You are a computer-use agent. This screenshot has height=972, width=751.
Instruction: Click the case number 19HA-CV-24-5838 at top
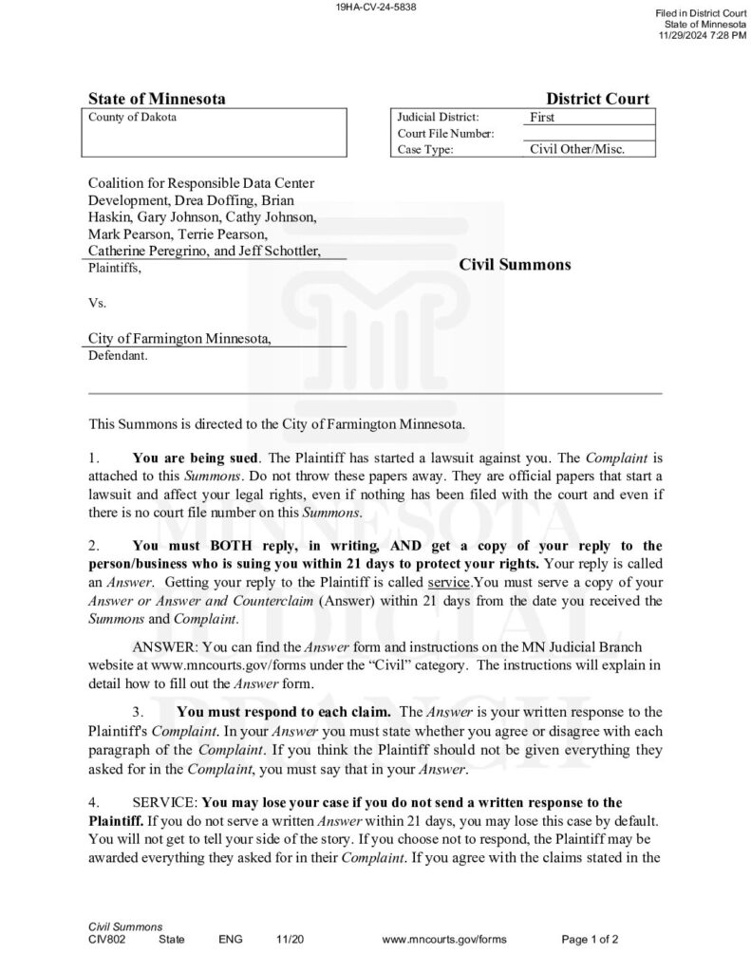pos(376,7)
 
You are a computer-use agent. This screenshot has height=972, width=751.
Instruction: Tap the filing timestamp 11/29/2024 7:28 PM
pos(703,35)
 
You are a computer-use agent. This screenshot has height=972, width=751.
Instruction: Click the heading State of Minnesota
pos(157,99)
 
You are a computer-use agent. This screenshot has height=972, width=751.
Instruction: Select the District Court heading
pos(597,99)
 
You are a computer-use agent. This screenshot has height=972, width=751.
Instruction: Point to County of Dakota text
pos(132,117)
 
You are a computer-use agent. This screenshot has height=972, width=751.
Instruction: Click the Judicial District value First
pos(542,118)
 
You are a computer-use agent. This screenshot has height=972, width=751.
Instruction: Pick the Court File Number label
pos(445,134)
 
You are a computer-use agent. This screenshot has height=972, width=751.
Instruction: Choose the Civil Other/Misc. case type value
pos(577,149)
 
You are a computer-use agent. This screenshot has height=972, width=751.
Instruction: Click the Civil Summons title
pos(515,264)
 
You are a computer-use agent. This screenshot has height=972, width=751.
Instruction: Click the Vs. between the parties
pos(97,304)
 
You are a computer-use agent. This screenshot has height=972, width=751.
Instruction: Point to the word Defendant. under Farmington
pos(118,357)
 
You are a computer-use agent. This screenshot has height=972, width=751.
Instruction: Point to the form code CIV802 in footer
pos(107,939)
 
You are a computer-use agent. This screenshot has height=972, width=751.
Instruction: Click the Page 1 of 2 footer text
pos(590,939)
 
